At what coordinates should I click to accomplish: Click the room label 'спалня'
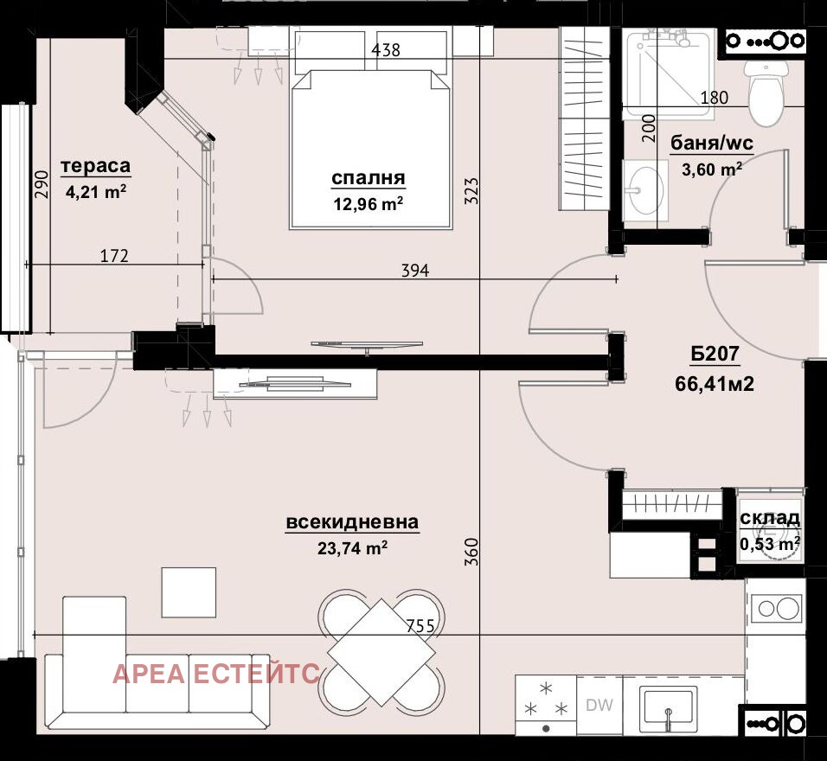[369, 178]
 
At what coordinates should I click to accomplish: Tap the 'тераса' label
[95, 165]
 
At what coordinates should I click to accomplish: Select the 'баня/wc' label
[711, 143]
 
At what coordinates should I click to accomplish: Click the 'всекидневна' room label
[352, 522]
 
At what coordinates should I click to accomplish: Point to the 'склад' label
[770, 518]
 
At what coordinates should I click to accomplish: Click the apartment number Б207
[715, 354]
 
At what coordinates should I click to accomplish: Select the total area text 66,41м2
[715, 383]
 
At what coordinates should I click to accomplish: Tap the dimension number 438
[386, 50]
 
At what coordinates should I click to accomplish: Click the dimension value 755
[420, 626]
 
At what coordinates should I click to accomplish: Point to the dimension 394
[415, 271]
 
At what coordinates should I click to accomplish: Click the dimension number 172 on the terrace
[114, 256]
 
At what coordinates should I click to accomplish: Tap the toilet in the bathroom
[766, 93]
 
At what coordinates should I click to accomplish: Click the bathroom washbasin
[645, 189]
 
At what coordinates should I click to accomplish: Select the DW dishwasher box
[599, 705]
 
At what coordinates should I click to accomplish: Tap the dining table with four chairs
[381, 651]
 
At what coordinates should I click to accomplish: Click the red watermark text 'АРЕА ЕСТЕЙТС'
[216, 674]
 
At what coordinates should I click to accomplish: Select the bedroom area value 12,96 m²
[369, 203]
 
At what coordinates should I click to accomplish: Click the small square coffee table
[189, 592]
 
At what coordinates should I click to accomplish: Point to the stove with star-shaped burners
[546, 705]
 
